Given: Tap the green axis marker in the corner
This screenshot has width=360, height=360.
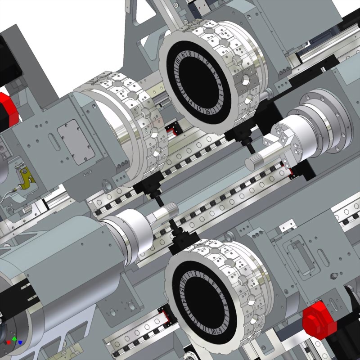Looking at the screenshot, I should pyautogui.click(x=14, y=338).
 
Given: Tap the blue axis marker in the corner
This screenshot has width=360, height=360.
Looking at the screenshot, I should pyautogui.click(x=20, y=342).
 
